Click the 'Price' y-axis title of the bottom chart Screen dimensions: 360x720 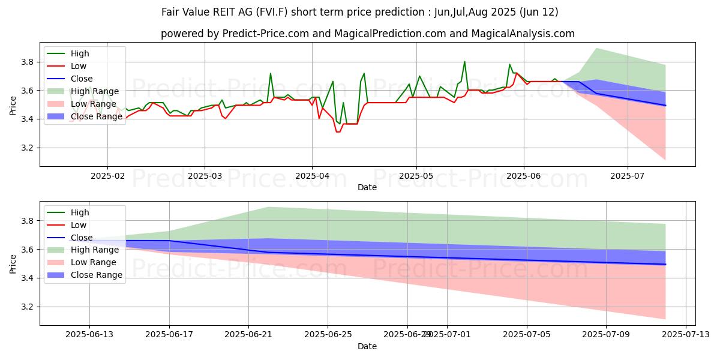click(13, 263)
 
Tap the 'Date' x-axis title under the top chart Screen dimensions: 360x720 click(367, 187)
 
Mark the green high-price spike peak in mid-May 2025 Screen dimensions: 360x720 click(464, 61)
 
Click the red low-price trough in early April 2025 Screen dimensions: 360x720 click(338, 131)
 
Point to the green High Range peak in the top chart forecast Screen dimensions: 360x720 click(596, 48)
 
